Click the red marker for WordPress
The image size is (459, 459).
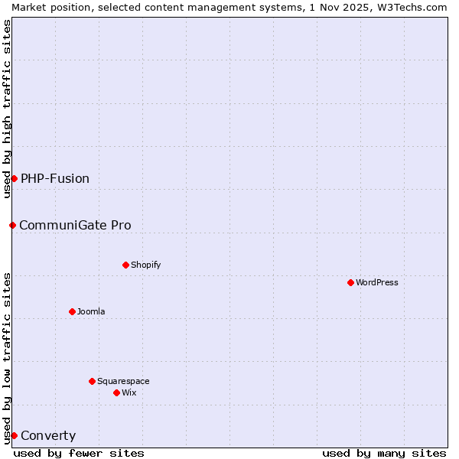point(350,282)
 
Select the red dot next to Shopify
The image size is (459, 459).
point(125,265)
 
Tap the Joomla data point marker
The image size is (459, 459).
point(72,311)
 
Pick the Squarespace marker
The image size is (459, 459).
point(92,381)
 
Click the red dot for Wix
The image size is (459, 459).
point(116,392)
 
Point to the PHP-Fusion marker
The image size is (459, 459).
point(14,178)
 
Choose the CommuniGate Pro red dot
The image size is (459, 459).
point(12,225)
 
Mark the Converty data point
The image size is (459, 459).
point(14,435)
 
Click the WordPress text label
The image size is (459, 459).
point(377,282)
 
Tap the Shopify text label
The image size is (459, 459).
point(145,265)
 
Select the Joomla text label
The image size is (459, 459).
point(91,311)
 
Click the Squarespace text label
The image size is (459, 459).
point(123,381)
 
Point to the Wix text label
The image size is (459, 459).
point(129,392)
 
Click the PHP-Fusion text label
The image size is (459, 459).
point(55,178)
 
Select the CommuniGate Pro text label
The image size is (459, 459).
point(75,225)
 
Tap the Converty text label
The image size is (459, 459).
point(48,436)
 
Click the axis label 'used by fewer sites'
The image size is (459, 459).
point(79,453)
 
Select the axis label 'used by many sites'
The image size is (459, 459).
point(384,453)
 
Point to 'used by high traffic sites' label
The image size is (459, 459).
point(7,109)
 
